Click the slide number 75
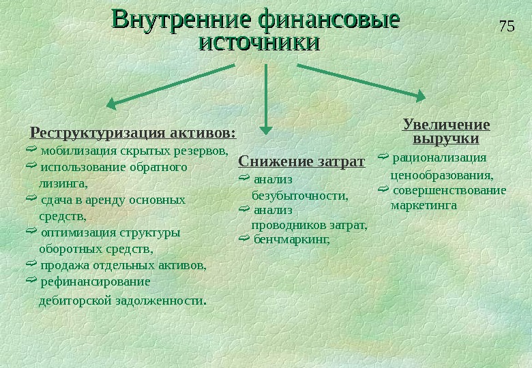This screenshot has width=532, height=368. click(506, 27)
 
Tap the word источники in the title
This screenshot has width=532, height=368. click(258, 42)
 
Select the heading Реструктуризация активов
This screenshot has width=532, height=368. click(134, 132)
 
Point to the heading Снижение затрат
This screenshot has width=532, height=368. click(301, 162)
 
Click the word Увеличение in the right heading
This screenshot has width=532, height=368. click(446, 125)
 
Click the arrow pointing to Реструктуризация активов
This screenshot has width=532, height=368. click(171, 85)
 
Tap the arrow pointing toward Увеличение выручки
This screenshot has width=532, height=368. click(361, 82)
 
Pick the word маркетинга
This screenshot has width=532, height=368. click(424, 204)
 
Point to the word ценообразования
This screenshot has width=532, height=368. click(441, 175)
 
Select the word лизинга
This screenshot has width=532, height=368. click(63, 183)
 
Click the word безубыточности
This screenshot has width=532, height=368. click(299, 196)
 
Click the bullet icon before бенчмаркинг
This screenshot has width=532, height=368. click(245, 239)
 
